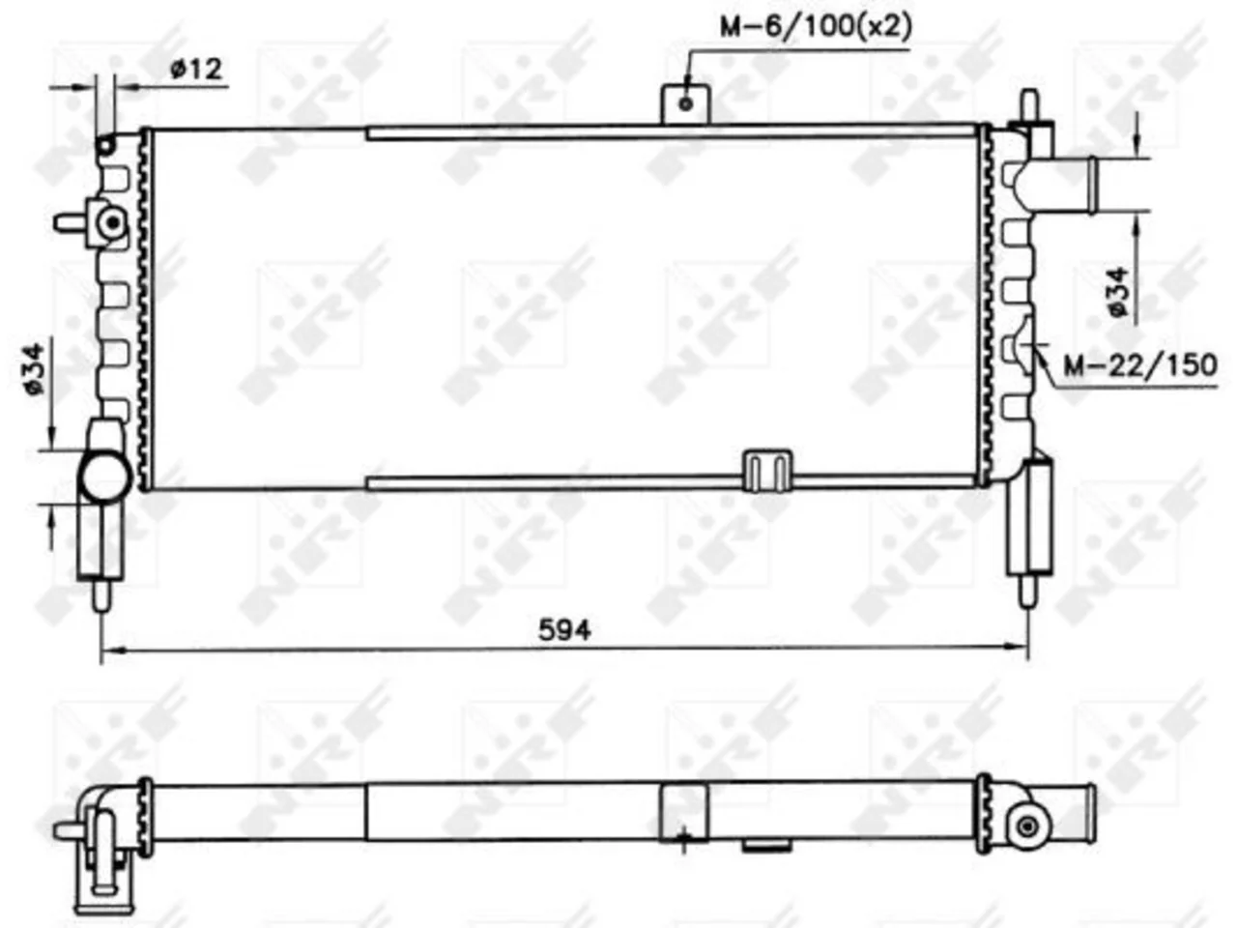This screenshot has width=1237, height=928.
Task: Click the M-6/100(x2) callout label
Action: (816, 27)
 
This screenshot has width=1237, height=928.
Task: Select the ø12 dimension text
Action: (196, 70)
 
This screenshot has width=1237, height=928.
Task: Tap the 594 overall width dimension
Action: (564, 630)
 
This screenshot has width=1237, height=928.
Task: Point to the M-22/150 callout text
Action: (1140, 365)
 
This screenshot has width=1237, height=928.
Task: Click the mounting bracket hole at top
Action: (686, 103)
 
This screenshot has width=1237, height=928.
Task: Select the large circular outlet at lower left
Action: (105, 478)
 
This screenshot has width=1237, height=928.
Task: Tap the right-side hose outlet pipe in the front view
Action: (1062, 186)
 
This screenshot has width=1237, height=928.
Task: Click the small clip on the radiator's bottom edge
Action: (767, 471)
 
